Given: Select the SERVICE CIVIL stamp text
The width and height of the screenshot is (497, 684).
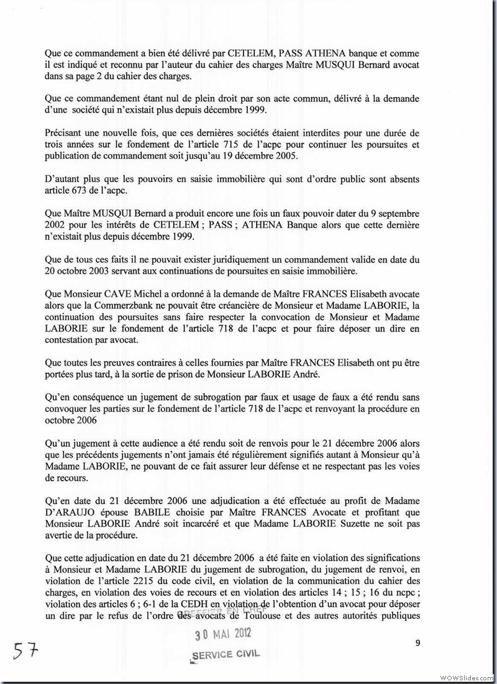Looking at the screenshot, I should (x=226, y=655).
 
